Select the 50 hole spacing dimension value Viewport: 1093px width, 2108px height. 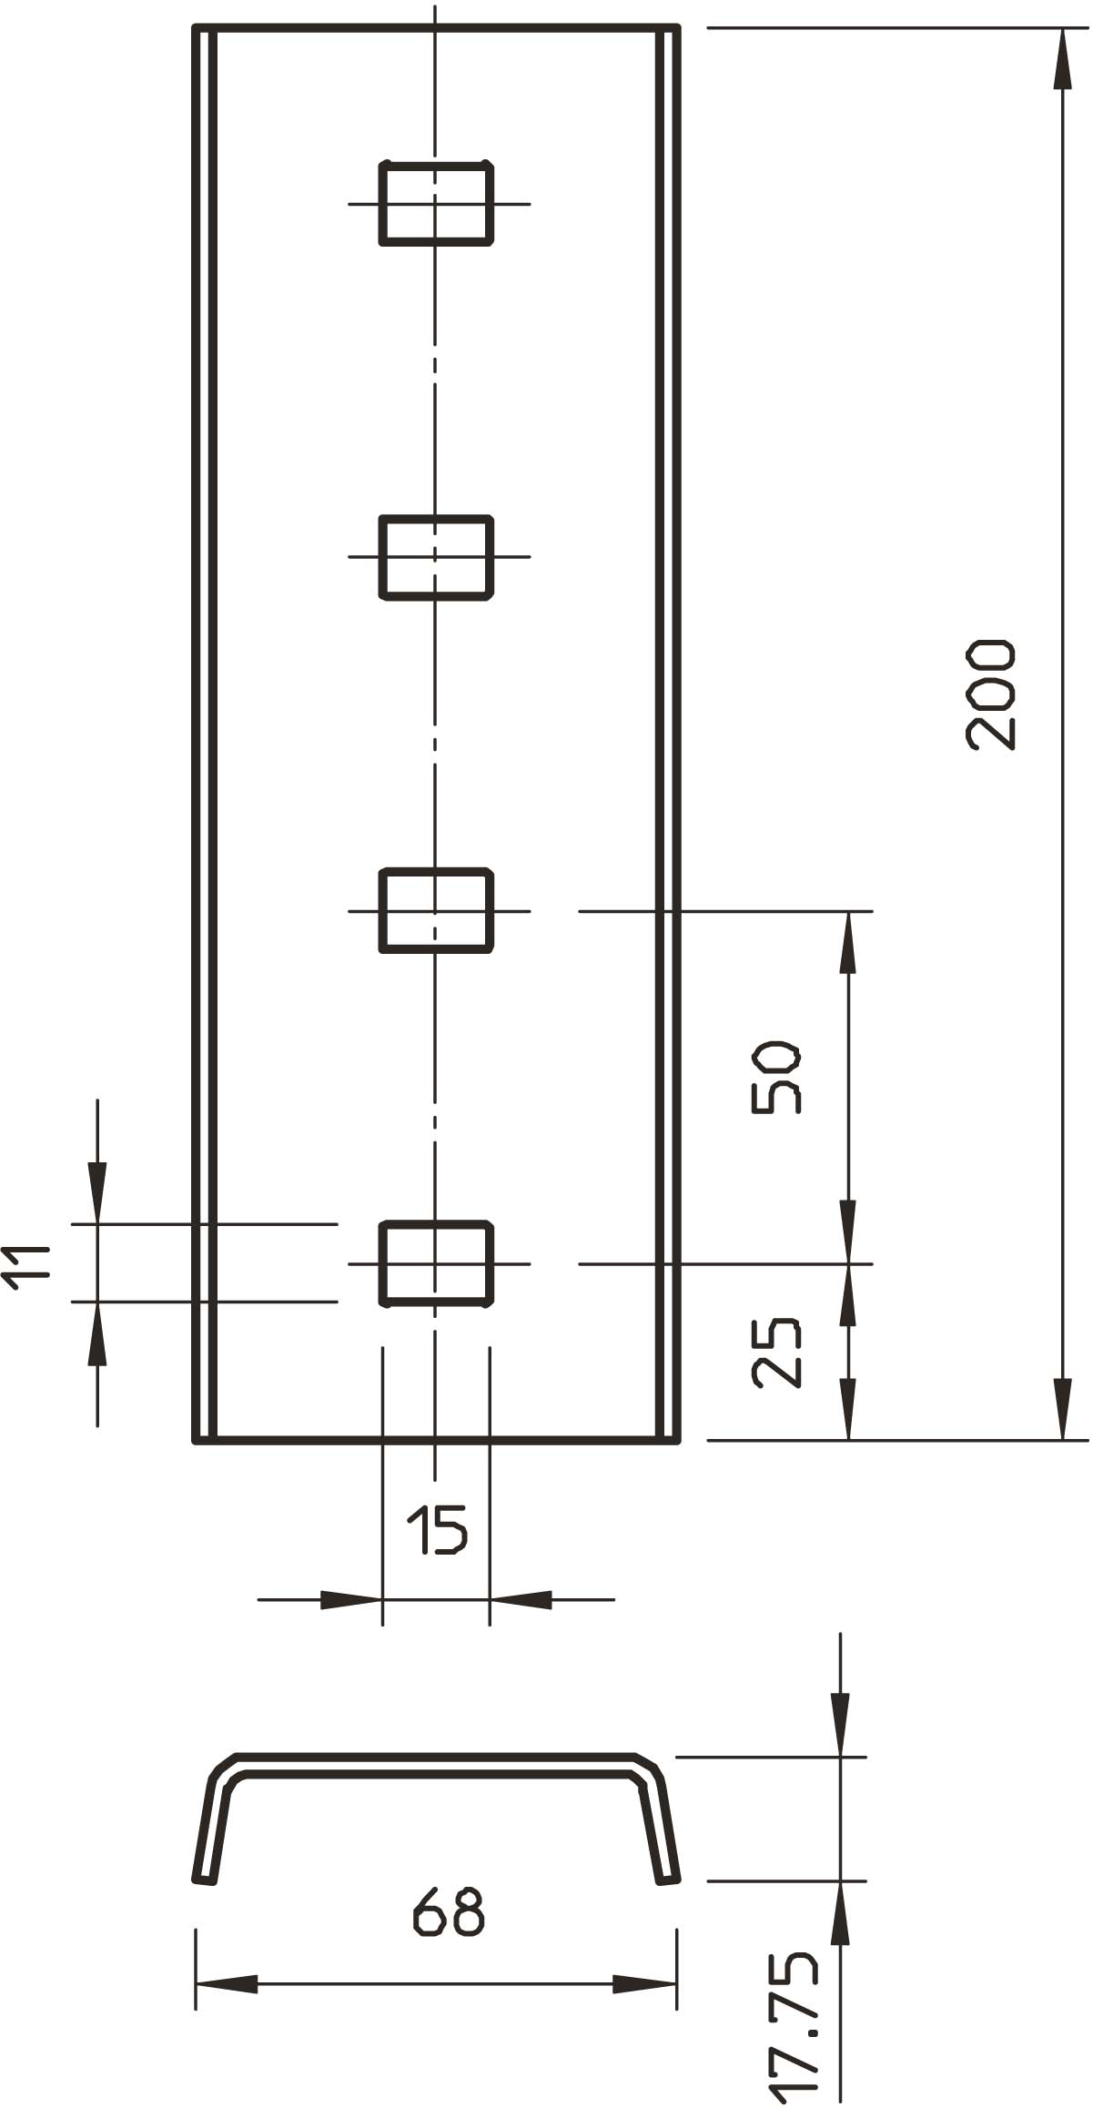pos(776,1079)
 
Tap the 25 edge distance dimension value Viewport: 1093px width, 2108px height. pos(777,1352)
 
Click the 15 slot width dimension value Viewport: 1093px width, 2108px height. pos(437,1530)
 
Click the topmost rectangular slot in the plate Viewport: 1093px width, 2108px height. pos(437,203)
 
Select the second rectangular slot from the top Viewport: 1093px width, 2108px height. pos(437,557)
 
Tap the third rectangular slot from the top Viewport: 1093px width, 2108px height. pos(437,910)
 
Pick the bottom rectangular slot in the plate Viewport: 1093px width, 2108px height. pos(437,1264)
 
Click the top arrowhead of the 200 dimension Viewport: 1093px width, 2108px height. pos(1061,58)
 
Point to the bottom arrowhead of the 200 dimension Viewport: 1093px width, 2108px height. pos(1061,1410)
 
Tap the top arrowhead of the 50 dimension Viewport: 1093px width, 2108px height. pos(848,941)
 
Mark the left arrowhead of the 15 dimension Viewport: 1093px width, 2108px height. pos(351,1599)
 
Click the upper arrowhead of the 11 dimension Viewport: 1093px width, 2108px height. pos(97,1192)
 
